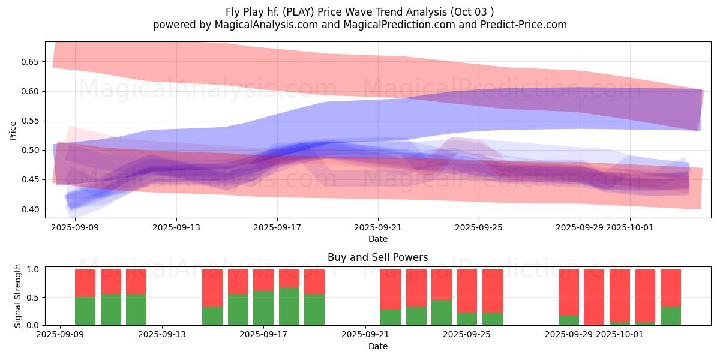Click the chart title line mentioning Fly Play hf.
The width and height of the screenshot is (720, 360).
click(359, 11)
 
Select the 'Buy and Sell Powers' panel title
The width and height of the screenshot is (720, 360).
click(377, 257)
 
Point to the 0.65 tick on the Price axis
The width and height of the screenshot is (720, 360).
click(29, 62)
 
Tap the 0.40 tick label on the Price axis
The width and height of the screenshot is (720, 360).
click(29, 209)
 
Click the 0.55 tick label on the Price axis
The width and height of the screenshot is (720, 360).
click(29, 121)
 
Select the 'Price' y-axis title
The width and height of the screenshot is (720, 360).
click(13, 130)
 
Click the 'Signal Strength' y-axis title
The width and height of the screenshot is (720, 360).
click(18, 296)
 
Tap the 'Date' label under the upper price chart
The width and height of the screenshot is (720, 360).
click(377, 239)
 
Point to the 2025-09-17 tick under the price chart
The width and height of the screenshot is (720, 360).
click(277, 227)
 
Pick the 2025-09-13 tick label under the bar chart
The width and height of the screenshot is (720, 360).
click(162, 335)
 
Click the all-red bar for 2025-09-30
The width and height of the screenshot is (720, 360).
click(594, 297)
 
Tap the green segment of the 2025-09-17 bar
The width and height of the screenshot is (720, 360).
click(263, 308)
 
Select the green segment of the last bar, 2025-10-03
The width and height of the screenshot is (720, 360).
click(670, 316)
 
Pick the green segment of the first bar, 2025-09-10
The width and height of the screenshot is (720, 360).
click(85, 311)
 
